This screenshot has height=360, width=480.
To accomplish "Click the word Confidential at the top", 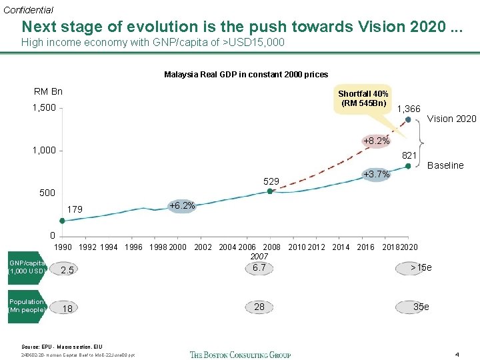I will point(28,10).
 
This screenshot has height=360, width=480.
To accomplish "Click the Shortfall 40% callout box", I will point(363,98).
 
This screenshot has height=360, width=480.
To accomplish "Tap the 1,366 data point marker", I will point(408,120).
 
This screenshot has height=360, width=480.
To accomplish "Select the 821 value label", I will point(409,155).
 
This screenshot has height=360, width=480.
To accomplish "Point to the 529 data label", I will point(271,181).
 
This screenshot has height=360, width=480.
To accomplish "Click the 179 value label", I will point(75,209).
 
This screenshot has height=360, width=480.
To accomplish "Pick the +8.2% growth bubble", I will point(376,141).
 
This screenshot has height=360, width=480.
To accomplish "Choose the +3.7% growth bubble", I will point(376,175).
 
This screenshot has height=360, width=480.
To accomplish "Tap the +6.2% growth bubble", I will point(182,206).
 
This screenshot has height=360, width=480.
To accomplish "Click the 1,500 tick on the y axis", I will point(45,107).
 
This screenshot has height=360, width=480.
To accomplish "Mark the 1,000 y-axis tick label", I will point(45,150).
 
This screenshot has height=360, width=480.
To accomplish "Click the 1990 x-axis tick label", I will point(63,247).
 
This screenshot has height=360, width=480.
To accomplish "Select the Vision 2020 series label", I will point(451,119).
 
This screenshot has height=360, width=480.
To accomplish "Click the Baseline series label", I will point(445,165).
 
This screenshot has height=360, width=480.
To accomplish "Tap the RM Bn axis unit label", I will point(48,91).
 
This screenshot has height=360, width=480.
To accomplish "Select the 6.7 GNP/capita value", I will point(259,267).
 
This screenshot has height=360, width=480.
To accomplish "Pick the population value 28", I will point(259,307).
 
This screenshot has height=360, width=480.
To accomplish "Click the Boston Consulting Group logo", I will point(240,354).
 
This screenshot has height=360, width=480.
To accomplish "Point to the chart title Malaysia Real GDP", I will point(246,74).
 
